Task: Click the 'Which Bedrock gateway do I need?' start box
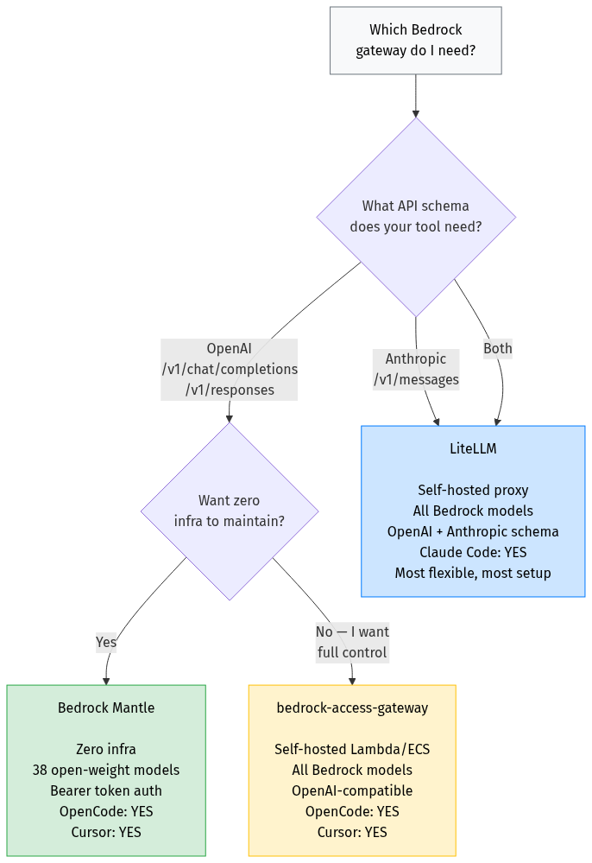coord(415,41)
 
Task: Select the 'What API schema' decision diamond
coord(415,216)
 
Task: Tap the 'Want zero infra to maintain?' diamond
coord(229,511)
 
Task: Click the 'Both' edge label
coord(497,348)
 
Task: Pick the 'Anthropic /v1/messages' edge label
coord(416,369)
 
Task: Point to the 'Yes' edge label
coord(106,643)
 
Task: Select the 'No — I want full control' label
coord(352,643)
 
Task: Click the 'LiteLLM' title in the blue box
coord(473,449)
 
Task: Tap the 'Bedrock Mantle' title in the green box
coord(106,708)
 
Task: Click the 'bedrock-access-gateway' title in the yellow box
coord(352,708)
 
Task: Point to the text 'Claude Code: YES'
coord(473,552)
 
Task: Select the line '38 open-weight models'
coord(106,770)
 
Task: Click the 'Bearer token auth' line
coord(106,790)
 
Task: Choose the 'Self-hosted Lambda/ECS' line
coord(352,749)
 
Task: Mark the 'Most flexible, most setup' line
coord(473,573)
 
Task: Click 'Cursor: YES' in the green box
coord(106,832)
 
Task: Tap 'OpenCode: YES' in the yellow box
coord(352,811)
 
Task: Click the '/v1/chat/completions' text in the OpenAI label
coord(230,369)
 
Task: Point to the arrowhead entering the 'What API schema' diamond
coord(416,114)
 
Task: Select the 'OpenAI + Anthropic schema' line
coord(473,531)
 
